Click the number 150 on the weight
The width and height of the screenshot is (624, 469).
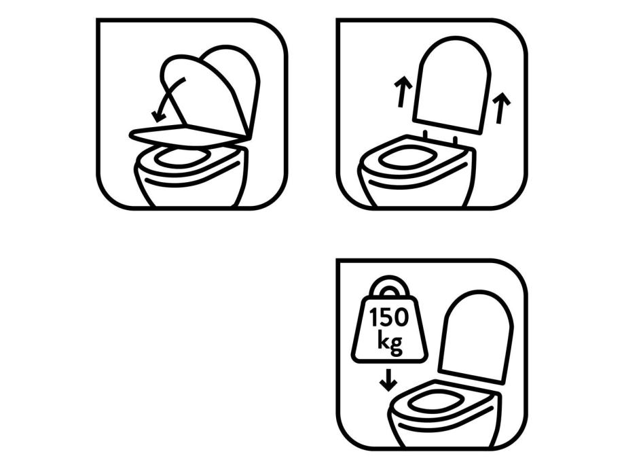point(389,317)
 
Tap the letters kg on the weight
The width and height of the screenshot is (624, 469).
point(390,341)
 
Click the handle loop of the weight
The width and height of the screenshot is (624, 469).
point(389,287)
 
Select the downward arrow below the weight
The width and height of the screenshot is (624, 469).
point(388,380)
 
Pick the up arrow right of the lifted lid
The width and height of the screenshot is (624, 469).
point(501,108)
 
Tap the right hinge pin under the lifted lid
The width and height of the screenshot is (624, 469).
point(455,140)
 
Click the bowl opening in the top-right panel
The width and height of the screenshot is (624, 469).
point(405,158)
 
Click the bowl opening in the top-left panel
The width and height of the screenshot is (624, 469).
point(182,156)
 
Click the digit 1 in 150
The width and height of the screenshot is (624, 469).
point(374,317)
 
